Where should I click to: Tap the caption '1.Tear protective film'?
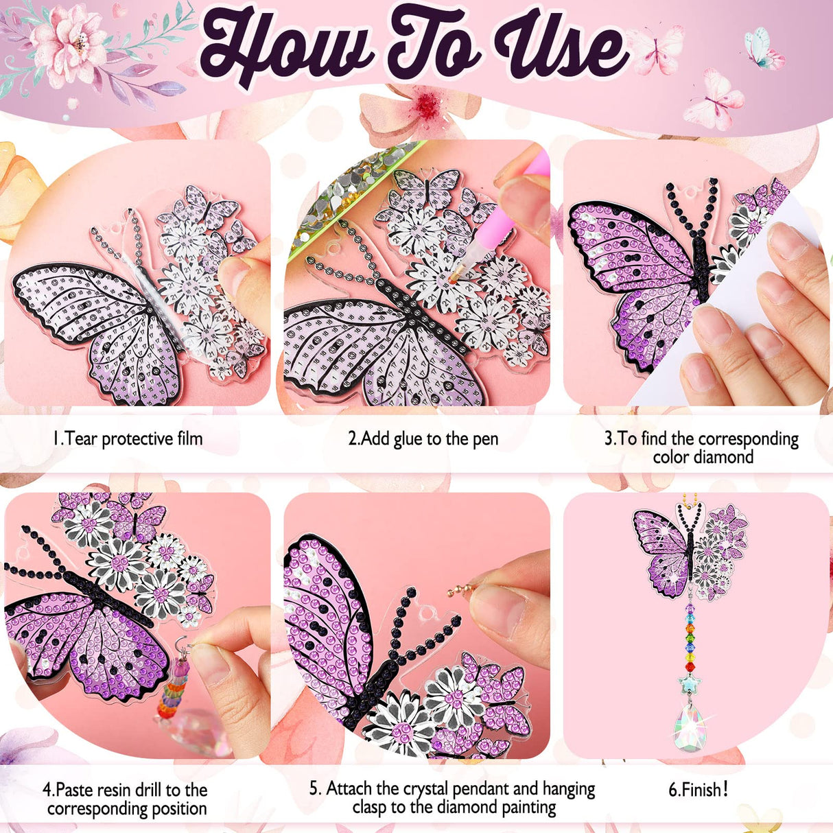point(128,439)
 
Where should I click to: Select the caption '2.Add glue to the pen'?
point(423,439)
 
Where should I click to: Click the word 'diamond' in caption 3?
point(723,457)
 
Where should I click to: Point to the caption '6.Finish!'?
point(698,790)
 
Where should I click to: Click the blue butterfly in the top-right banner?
point(762,47)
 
